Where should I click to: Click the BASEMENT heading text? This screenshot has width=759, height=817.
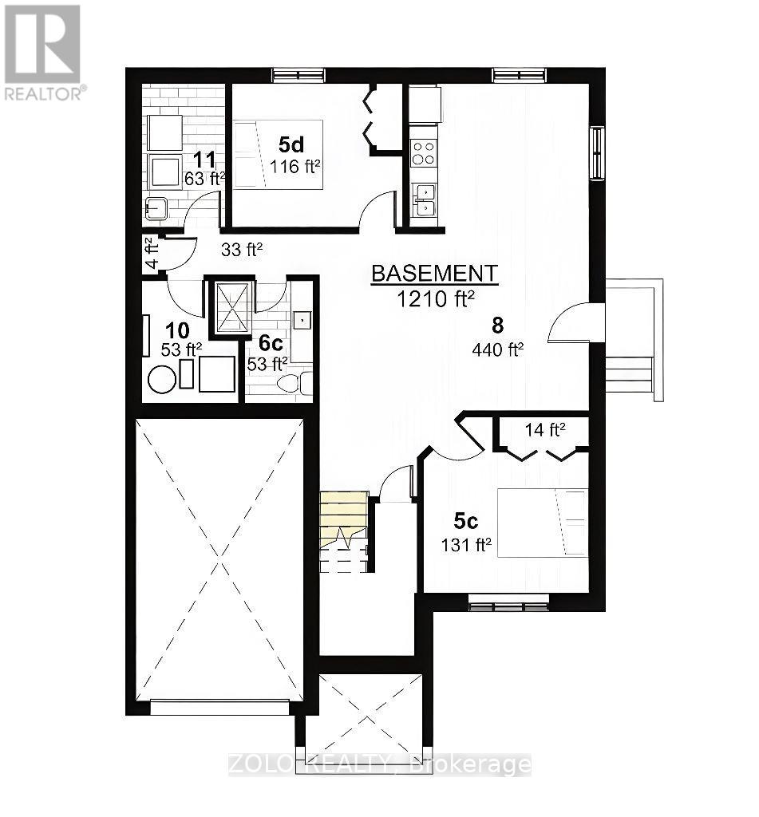[x=435, y=274]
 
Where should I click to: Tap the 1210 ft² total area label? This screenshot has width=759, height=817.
[x=436, y=299]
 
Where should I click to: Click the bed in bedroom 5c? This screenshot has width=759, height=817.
[x=542, y=523]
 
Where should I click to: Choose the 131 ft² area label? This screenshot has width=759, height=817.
[x=466, y=546]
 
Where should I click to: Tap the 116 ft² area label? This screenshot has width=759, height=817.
[x=295, y=167]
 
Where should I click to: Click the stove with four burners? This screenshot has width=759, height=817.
[x=424, y=152]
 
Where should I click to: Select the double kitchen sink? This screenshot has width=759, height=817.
[x=424, y=199]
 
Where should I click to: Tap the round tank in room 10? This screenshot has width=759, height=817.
[x=162, y=378]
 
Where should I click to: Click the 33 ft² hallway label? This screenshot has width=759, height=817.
[x=242, y=249]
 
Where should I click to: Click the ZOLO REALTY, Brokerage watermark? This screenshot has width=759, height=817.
[x=379, y=764]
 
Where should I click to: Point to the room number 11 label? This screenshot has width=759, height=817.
[x=206, y=159]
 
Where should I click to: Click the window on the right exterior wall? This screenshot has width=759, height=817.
[x=596, y=153]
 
